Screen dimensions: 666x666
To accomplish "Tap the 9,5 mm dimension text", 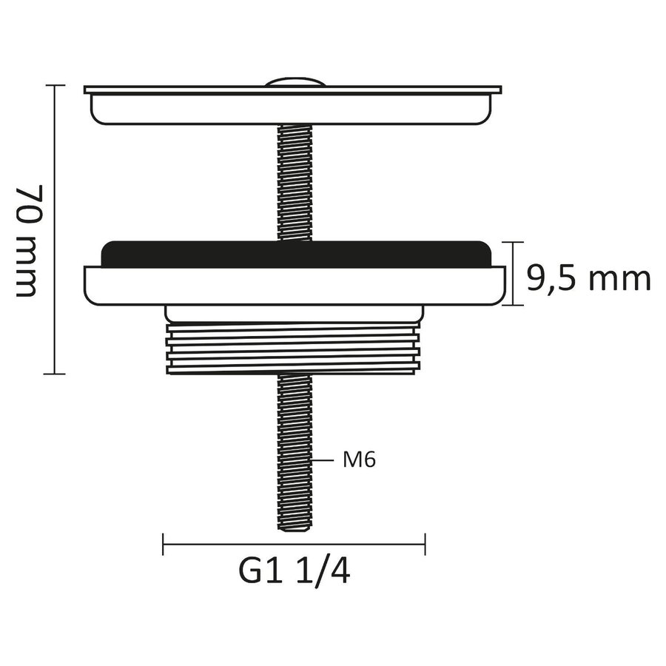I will pyautogui.click(x=589, y=279).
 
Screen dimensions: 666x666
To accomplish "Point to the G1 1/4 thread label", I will pyautogui.click(x=294, y=572).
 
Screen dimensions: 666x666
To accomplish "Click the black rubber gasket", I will pyautogui.click(x=296, y=253).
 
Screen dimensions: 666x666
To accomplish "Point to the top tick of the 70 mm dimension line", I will pyautogui.click(x=52, y=86).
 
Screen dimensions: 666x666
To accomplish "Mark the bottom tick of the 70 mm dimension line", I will pyautogui.click(x=52, y=374).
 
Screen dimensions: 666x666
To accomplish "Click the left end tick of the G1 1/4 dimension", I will pyautogui.click(x=163, y=545).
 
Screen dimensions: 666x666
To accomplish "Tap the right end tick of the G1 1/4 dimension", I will pyautogui.click(x=425, y=545).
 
